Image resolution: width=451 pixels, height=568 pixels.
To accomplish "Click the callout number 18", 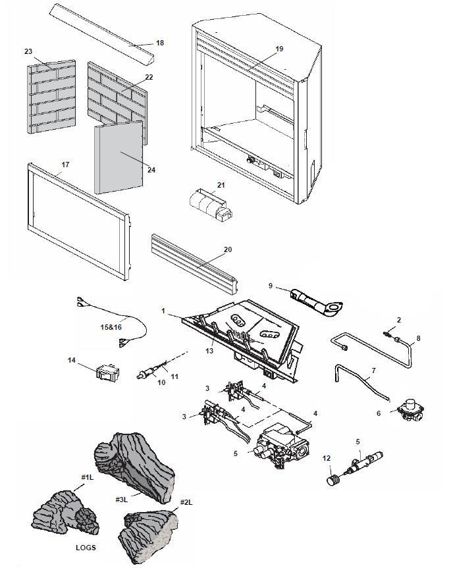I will [159, 43].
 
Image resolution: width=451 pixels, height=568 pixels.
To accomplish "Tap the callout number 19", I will [279, 49].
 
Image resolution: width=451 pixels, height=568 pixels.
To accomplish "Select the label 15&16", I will [111, 327].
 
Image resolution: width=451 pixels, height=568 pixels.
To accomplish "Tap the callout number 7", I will [373, 371].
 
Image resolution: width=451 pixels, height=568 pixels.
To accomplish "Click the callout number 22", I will [149, 78].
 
